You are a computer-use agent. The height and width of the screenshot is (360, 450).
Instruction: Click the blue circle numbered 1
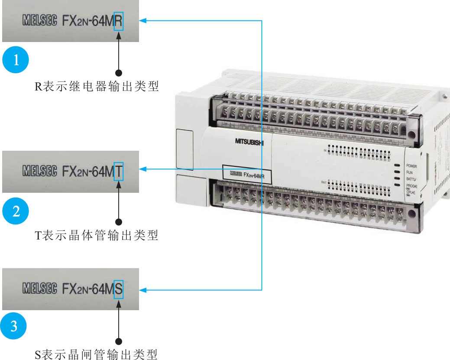(16, 60)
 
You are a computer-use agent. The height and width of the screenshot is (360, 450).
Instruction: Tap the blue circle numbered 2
(16, 211)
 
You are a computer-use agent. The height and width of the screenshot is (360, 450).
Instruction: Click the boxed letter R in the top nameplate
(118, 21)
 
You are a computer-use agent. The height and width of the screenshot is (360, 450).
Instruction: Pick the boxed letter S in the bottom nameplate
(119, 288)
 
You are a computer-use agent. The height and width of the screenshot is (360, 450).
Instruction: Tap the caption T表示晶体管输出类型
(97, 236)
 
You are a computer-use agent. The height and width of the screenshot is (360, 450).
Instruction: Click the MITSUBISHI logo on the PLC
(249, 141)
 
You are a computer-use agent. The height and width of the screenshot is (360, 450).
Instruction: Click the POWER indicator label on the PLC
(411, 166)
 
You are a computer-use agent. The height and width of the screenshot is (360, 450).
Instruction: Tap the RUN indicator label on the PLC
(409, 172)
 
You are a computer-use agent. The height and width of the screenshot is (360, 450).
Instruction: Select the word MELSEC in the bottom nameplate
(39, 288)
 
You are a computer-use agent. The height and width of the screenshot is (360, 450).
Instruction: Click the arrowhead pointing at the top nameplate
(143, 20)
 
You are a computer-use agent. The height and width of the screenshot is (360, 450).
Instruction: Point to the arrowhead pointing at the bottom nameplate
(143, 289)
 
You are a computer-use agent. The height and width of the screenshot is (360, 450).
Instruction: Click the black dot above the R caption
(118, 72)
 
